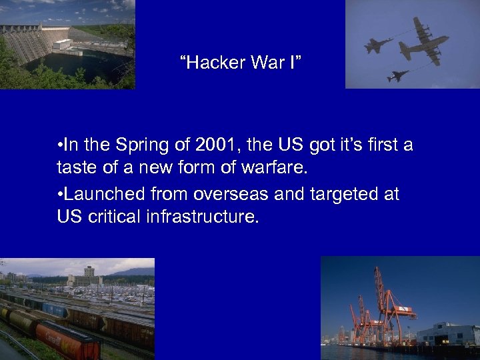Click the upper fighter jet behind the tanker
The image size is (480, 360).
[x=378, y=45]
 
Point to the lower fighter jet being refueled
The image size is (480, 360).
[x=398, y=76]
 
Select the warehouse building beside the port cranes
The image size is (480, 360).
[x=453, y=333]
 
